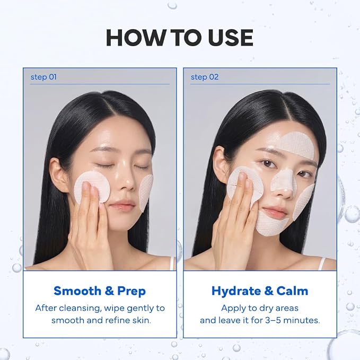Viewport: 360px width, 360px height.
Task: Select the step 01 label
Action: point(43,77)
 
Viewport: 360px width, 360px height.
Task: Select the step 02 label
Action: point(205,77)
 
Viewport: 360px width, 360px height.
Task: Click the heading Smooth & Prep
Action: point(100,291)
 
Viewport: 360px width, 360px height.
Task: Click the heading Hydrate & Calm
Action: point(260,291)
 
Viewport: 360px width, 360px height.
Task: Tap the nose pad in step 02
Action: point(282,181)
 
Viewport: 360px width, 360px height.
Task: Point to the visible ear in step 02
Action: point(219,162)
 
